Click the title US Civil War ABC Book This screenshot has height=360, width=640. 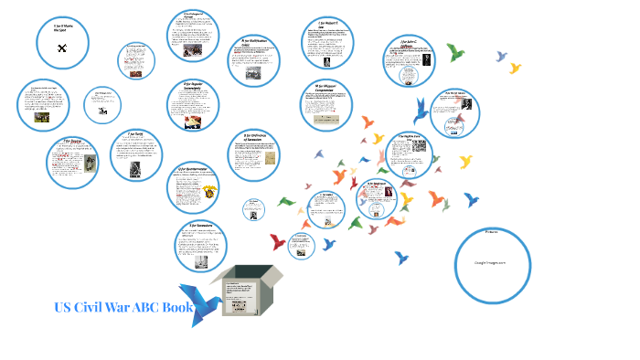tap(123, 307)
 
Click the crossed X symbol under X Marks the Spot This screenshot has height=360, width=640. tap(63, 48)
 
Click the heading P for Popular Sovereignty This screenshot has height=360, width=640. tap(199, 88)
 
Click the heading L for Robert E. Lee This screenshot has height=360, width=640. tap(329, 25)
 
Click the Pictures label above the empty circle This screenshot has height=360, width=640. tap(492, 231)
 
